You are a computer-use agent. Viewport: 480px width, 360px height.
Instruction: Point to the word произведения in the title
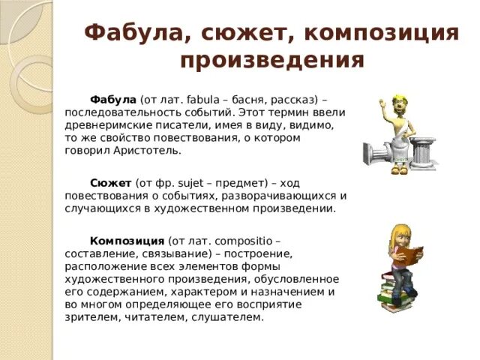pyautogui.click(x=272, y=59)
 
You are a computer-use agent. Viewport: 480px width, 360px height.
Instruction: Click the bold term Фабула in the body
pyautogui.click(x=112, y=100)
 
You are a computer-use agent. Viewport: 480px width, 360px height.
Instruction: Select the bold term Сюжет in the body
pyautogui.click(x=110, y=183)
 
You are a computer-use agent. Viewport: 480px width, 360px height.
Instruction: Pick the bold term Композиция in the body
pyautogui.click(x=127, y=241)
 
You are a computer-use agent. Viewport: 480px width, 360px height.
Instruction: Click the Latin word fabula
pyautogui.click(x=205, y=100)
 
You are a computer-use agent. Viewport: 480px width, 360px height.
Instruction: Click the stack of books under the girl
pyautogui.click(x=394, y=292)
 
